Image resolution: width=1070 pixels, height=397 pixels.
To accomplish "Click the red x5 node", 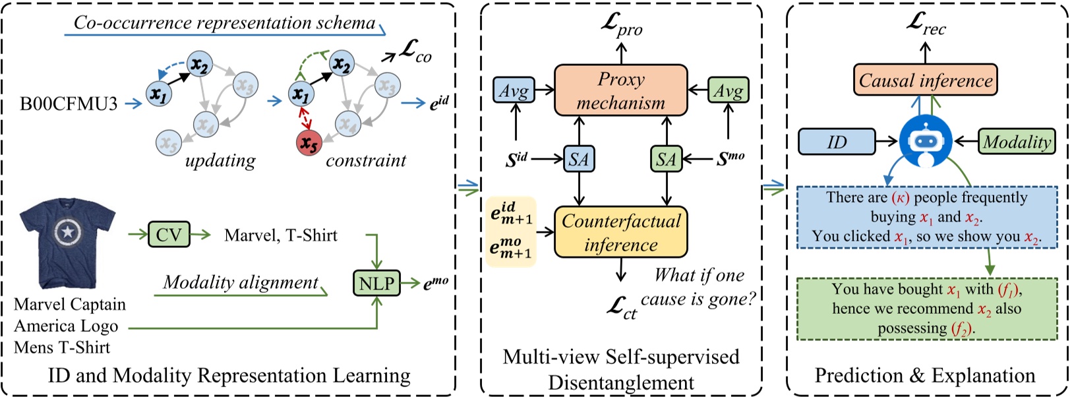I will pos(307,143).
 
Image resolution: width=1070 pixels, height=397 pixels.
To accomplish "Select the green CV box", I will pos(169,235).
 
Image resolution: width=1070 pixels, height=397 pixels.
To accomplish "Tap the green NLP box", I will pos(376,284).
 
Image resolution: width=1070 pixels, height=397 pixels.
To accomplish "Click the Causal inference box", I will pos(925,80).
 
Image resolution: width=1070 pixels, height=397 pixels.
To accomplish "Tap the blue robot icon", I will pos(925,141).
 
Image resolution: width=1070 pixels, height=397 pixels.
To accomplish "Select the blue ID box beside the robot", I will pos(837,142).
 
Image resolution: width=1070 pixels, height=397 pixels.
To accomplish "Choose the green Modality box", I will pos(1017,142).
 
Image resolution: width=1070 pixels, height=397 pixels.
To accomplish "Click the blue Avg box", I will pos(514,90).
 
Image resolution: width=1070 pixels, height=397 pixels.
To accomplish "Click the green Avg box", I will pos(728,90).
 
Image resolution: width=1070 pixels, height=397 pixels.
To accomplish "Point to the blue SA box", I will pos(579,159).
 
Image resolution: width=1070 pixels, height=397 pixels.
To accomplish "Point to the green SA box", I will pos(666,159).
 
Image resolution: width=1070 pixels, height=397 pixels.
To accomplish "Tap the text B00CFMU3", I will pos(69,104).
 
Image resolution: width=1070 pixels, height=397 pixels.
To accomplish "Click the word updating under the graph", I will pos(220,160).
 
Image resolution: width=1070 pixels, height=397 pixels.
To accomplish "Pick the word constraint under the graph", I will pos(366,160).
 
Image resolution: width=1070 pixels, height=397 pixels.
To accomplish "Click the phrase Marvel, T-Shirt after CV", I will pos(281,235).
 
